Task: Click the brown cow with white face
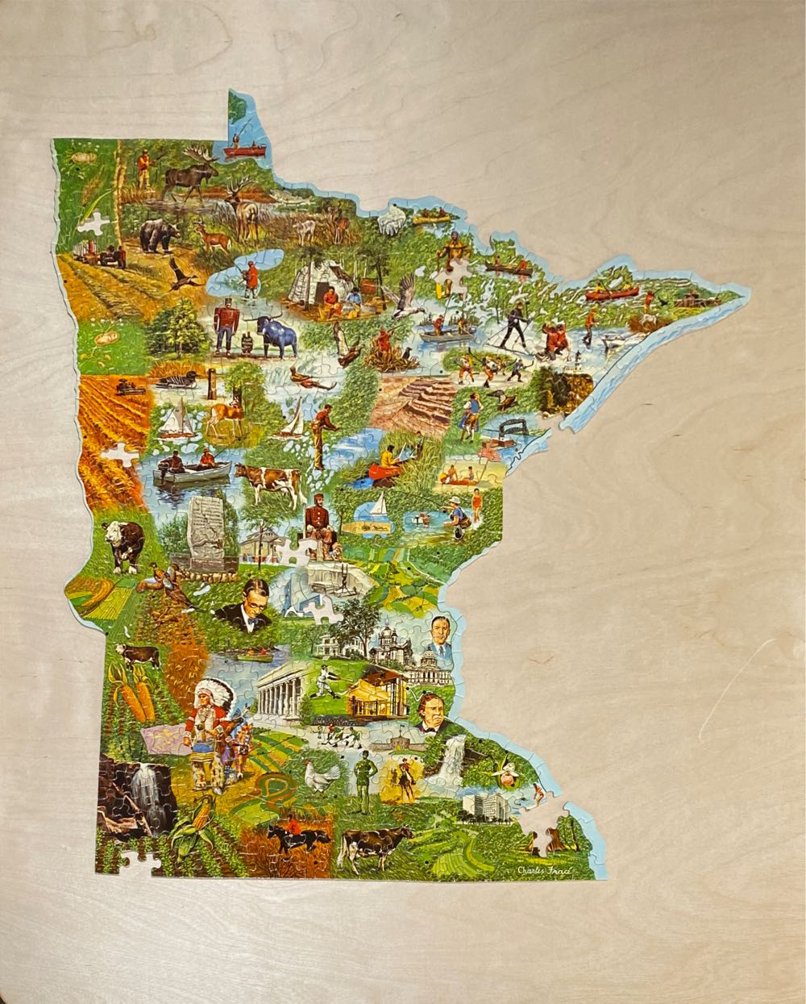pyautogui.click(x=123, y=544)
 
